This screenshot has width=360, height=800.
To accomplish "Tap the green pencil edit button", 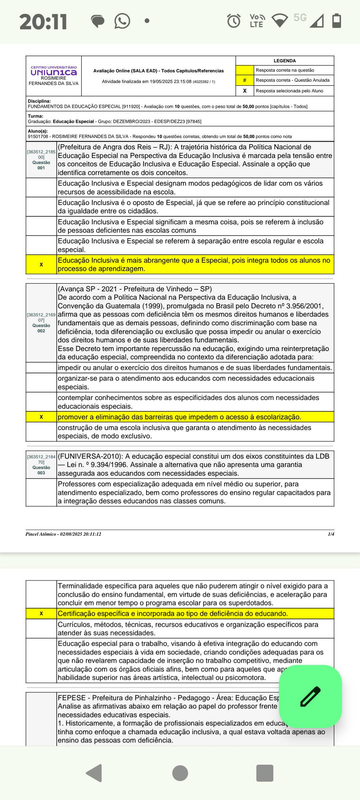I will (x=310, y=696).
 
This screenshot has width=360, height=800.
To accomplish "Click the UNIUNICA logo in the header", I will (x=54, y=72).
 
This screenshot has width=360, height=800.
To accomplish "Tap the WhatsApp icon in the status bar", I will (x=122, y=21).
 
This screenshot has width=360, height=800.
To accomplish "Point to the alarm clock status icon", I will (x=234, y=21).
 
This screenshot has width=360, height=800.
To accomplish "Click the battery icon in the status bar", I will (x=337, y=21).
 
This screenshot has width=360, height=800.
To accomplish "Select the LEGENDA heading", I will (x=285, y=61).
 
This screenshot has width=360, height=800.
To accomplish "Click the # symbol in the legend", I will (x=245, y=80).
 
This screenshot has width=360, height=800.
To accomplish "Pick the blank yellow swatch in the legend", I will (x=245, y=70).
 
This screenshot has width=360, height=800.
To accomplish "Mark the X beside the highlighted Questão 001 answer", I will (x=41, y=265).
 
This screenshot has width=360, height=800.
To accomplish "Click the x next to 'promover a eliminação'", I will (x=41, y=417).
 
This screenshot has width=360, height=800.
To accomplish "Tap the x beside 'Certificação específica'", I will (x=41, y=613).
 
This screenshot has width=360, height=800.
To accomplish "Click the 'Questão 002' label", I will (x=41, y=328).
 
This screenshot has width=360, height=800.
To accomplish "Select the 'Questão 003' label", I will (x=41, y=470).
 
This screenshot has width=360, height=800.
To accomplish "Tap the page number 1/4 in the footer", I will (x=331, y=534).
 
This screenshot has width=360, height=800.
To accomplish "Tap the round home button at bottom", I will (x=180, y=773).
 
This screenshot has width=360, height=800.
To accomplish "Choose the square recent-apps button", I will (x=265, y=773).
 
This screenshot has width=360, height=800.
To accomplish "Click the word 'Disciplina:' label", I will (x=39, y=101).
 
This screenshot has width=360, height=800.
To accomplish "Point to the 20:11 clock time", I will (x=43, y=22).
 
